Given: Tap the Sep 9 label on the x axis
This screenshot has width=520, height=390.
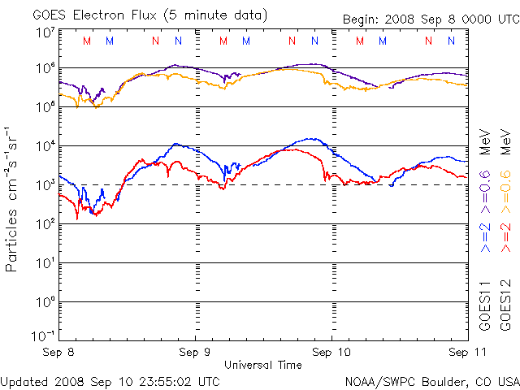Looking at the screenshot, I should coord(195,353).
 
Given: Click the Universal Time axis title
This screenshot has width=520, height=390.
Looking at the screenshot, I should coord(262,365).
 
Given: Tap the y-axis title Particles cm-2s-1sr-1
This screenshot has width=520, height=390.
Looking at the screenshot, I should coord(14,198).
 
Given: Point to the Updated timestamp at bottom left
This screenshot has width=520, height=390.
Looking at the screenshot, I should coord(110,381).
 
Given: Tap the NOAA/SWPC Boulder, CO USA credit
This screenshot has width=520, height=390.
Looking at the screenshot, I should coord(431,381).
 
